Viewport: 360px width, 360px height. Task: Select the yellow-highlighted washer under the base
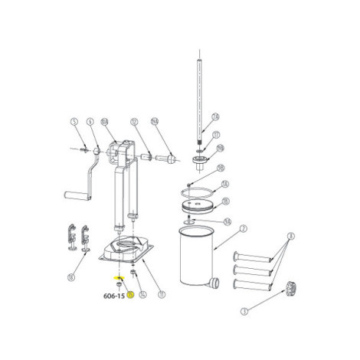[x=119, y=277]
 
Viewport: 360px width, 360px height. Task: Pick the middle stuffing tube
[x=252, y=272]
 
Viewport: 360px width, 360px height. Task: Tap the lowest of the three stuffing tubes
[x=252, y=286]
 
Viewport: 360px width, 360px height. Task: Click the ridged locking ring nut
[x=291, y=288]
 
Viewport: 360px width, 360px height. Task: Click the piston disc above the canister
[x=197, y=205]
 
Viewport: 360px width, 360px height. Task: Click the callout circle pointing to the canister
[x=243, y=227]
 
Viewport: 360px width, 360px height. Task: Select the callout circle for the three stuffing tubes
[x=291, y=237]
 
